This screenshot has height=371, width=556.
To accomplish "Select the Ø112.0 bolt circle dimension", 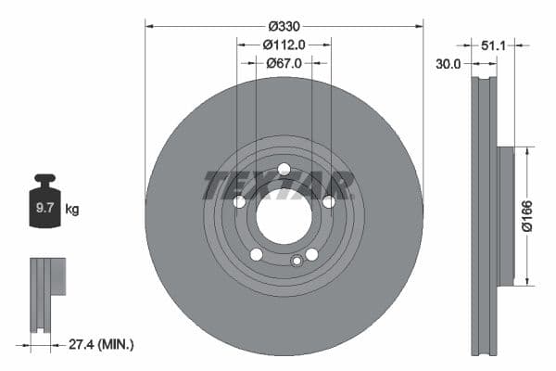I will pos(284,44).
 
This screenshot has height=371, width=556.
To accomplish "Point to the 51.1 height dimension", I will pos(493,43).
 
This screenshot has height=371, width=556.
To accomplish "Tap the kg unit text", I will pos(71,210).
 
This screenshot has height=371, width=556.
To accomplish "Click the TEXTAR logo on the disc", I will pos(279,185).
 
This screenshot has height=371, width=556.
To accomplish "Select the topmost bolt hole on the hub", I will pos(284,169).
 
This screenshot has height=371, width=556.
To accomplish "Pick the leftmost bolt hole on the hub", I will pos(239,201).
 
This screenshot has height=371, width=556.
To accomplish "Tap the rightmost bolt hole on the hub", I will pos(329,201).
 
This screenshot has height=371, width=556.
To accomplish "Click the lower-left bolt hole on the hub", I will pos(257,254).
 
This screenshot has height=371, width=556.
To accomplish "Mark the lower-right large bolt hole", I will pos(311,254).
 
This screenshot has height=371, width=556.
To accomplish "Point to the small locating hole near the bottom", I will pos(297,261).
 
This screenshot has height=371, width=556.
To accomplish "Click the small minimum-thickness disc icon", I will pos(48,294).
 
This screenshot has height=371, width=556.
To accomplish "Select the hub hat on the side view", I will pos(506,215).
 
